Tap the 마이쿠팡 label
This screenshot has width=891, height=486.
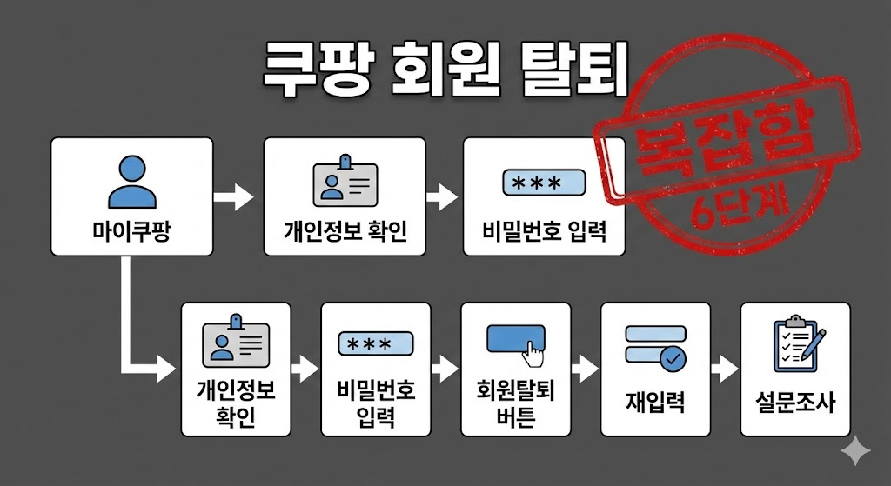pyautogui.click(x=131, y=230)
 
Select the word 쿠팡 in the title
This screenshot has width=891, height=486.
pyautogui.click(x=318, y=70)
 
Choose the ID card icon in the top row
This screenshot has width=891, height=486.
pyautogui.click(x=345, y=182)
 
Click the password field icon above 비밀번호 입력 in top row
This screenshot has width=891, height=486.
pyautogui.click(x=544, y=183)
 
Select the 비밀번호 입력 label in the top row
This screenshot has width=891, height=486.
pyautogui.click(x=544, y=231)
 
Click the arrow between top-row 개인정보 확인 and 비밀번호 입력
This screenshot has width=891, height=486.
pyautogui.click(x=442, y=197)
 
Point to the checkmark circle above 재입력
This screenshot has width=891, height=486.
pyautogui.click(x=672, y=357)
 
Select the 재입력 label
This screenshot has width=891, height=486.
pyautogui.click(x=655, y=403)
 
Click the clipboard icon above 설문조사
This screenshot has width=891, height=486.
pyautogui.click(x=795, y=344)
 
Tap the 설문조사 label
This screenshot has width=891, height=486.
pyautogui.click(x=795, y=403)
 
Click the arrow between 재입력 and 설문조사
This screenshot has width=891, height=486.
pyautogui.click(x=724, y=369)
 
